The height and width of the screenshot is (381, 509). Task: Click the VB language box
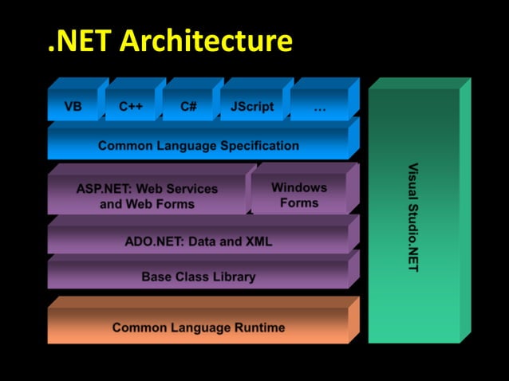(73, 106)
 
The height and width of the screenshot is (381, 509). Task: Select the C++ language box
(131, 106)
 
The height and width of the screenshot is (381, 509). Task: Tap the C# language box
(188, 106)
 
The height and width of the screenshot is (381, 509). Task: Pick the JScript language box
(252, 106)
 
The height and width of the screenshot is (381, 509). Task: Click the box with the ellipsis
(319, 106)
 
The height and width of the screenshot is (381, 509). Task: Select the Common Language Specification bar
(199, 146)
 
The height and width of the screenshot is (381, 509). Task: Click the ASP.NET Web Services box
(147, 196)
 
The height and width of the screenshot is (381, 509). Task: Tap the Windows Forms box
(299, 195)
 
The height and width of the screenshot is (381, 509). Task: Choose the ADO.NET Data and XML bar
(199, 242)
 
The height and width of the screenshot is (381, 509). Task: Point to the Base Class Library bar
(199, 277)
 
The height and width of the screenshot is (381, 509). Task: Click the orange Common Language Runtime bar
(199, 328)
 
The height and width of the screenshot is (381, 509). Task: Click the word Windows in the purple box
(299, 188)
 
